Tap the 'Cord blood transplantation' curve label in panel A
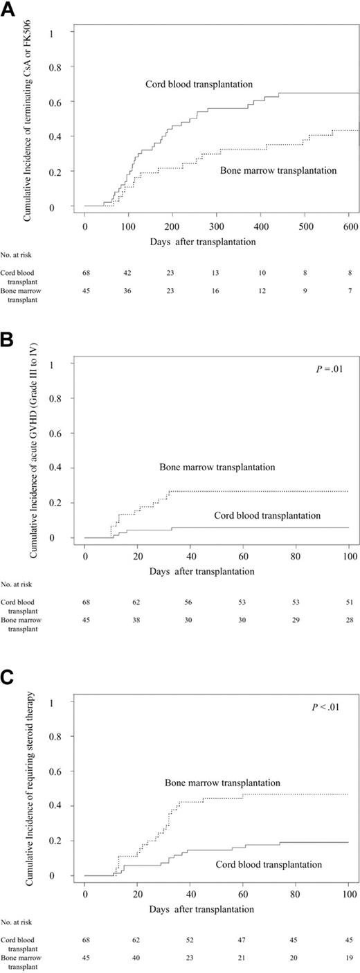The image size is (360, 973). coord(199,84)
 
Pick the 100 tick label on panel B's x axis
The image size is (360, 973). coord(346,555)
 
